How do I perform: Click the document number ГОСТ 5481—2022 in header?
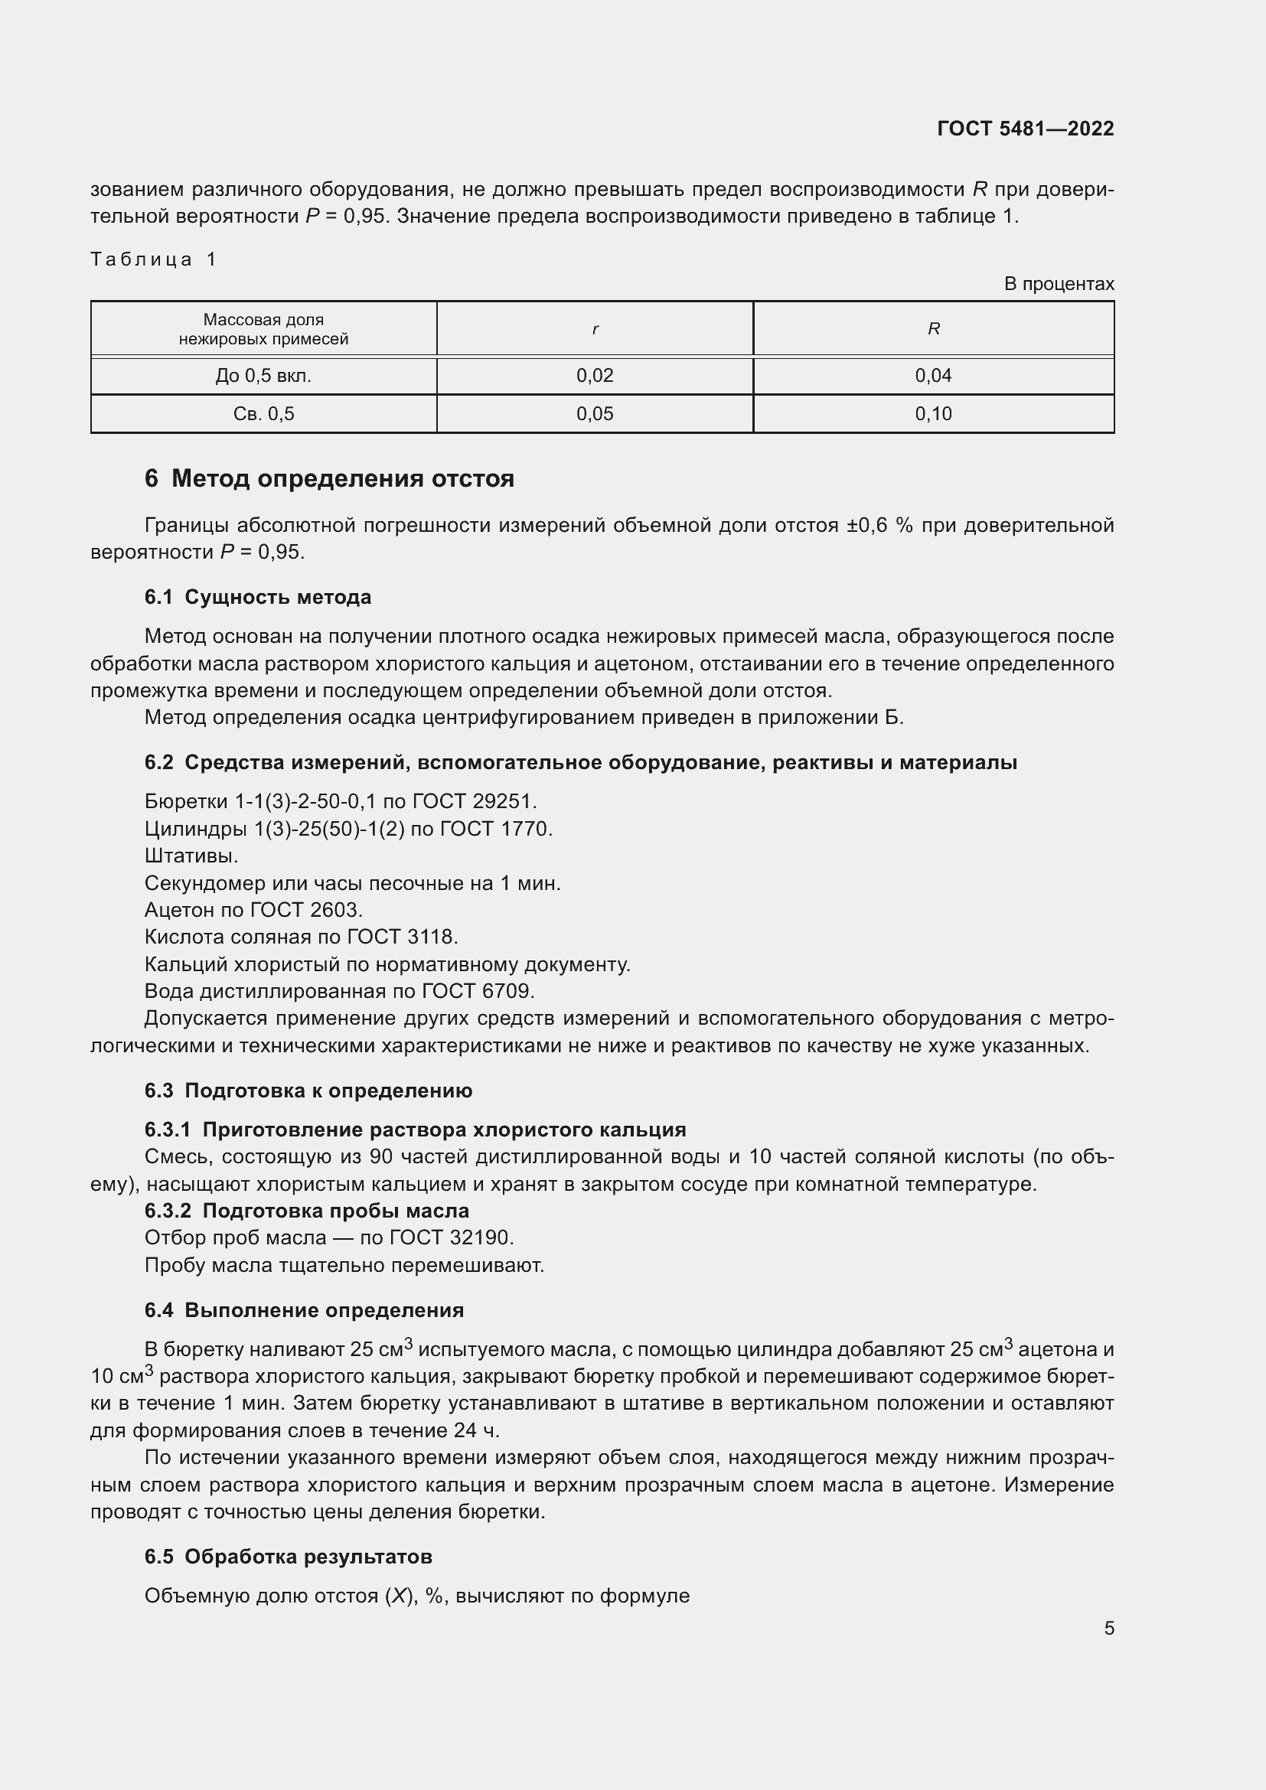pyautogui.click(x=1025, y=129)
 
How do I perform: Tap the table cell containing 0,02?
pyautogui.click(x=595, y=376)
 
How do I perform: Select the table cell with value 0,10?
pyautogui.click(x=933, y=414)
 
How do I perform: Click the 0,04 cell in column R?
pyautogui.click(x=933, y=376)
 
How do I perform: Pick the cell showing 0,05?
pyautogui.click(x=595, y=414)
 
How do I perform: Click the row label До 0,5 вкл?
pyautogui.click(x=263, y=376)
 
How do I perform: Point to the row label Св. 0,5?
pyautogui.click(x=263, y=414)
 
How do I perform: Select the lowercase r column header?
pyautogui.click(x=595, y=329)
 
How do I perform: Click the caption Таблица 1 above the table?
pyautogui.click(x=154, y=259)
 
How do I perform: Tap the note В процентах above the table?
pyautogui.click(x=1059, y=284)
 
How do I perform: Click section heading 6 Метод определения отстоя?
pyautogui.click(x=329, y=478)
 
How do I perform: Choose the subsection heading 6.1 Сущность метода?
pyautogui.click(x=257, y=597)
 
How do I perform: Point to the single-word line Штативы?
pyautogui.click(x=191, y=856)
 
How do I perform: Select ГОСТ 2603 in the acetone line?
pyautogui.click(x=305, y=910)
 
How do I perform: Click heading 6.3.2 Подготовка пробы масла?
pyautogui.click(x=306, y=1211)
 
